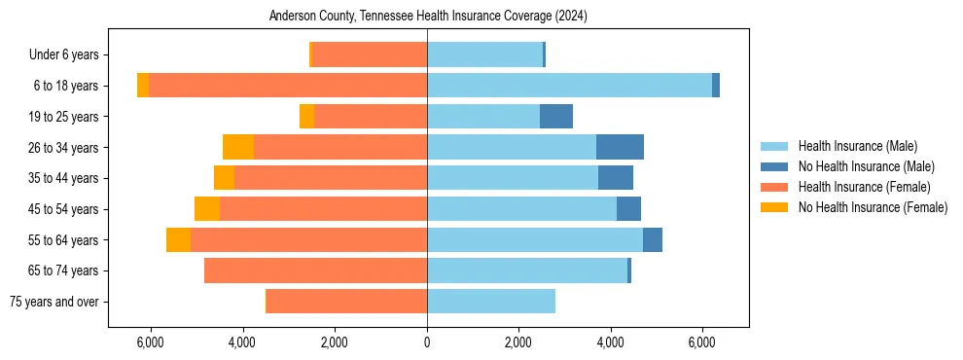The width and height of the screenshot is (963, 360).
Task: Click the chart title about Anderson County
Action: (x=428, y=17)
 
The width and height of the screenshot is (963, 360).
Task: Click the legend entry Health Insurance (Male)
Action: (x=857, y=146)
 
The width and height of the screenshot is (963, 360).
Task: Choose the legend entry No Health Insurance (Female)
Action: (x=873, y=207)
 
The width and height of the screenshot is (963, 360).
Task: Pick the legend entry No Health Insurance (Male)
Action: (x=866, y=166)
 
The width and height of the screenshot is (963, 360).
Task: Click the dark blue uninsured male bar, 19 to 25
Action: (x=556, y=117)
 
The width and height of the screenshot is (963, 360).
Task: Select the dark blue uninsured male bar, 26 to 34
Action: (x=620, y=147)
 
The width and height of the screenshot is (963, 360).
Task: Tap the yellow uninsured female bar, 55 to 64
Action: (x=178, y=239)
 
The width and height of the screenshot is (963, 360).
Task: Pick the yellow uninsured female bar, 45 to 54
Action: (x=207, y=209)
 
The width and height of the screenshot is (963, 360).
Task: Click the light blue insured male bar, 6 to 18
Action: (x=569, y=86)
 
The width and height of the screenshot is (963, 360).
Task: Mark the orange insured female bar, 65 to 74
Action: (x=315, y=270)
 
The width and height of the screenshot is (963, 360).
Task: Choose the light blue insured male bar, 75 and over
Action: (x=491, y=302)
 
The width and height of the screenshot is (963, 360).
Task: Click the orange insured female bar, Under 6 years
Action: (x=370, y=55)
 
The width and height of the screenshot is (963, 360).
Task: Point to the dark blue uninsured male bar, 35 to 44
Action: (x=616, y=178)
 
